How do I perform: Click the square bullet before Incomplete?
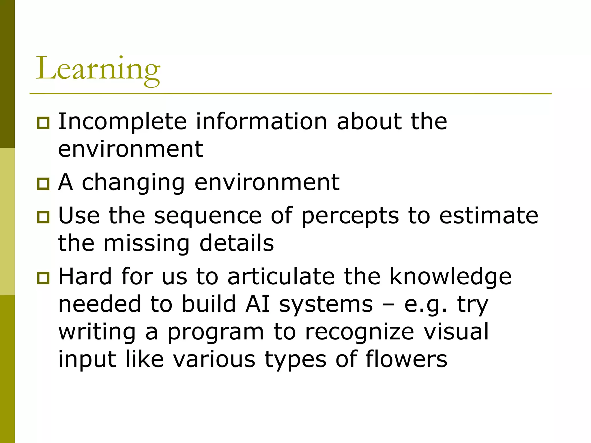coord(43,123)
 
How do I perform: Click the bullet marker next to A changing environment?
coord(43,184)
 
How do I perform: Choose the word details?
coord(237,243)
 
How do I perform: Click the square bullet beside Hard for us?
coord(43,278)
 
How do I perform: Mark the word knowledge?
coord(450,277)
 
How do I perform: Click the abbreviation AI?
coord(257,304)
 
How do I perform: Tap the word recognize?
coord(360,332)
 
